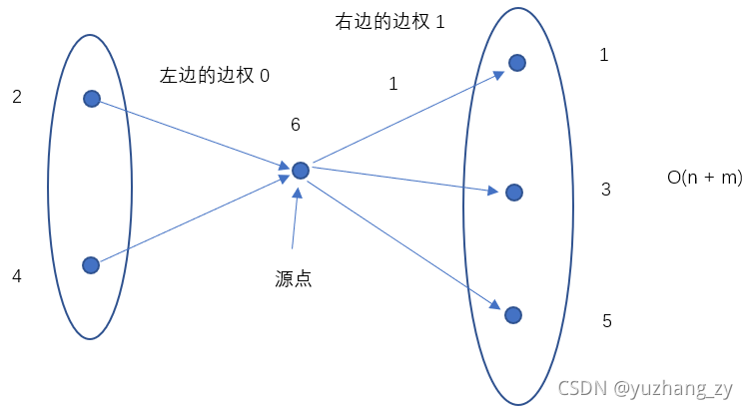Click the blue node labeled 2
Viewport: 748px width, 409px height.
point(91,98)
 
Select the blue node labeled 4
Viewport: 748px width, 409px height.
point(91,264)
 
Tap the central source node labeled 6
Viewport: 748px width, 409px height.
point(300,171)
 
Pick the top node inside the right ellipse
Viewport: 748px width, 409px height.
point(516,63)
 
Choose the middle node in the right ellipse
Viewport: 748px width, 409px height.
point(513,192)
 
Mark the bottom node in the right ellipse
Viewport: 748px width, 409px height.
point(513,314)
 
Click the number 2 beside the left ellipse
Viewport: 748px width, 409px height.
point(16,97)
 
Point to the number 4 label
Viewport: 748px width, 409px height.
point(16,275)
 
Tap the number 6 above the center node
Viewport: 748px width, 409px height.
point(295,125)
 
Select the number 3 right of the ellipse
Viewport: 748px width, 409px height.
point(605,189)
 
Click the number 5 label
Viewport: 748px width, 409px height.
point(606,321)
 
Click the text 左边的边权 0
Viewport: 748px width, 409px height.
point(215,75)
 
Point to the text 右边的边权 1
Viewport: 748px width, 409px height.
point(389,21)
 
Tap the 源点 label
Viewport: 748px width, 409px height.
point(294,279)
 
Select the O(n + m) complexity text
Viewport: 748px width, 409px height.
point(704,178)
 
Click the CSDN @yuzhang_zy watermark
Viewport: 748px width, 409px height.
point(645,388)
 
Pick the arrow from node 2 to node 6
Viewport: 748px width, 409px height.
point(190,133)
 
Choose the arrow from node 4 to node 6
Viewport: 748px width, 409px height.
point(190,220)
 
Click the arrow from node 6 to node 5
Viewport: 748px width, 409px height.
point(404,240)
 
